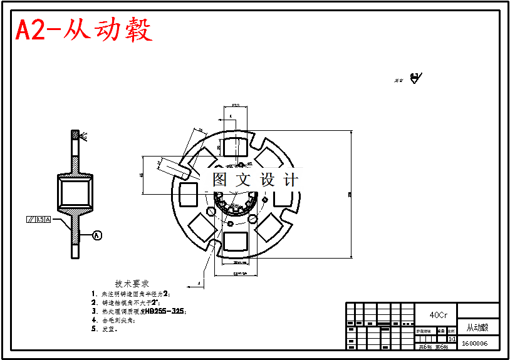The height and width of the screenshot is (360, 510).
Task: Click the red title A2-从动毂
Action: pyautogui.click(x=84, y=29)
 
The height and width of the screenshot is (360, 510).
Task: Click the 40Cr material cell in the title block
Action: pyautogui.click(x=438, y=315)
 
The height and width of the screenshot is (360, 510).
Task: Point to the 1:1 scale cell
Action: pyautogui.click(x=452, y=339)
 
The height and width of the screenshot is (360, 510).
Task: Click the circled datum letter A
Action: pyautogui.click(x=96, y=235)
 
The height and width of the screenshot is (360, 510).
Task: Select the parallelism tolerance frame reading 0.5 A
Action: pyautogui.click(x=39, y=220)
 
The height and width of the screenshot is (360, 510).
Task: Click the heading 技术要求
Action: pyautogui.click(x=132, y=284)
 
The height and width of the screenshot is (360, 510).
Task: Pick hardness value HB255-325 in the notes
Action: pyautogui.click(x=165, y=311)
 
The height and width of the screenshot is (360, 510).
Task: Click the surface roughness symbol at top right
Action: pyautogui.click(x=415, y=78)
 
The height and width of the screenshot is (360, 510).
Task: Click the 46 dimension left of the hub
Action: pyautogui.click(x=142, y=175)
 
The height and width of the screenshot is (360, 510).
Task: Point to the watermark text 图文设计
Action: pyautogui.click(x=255, y=180)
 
